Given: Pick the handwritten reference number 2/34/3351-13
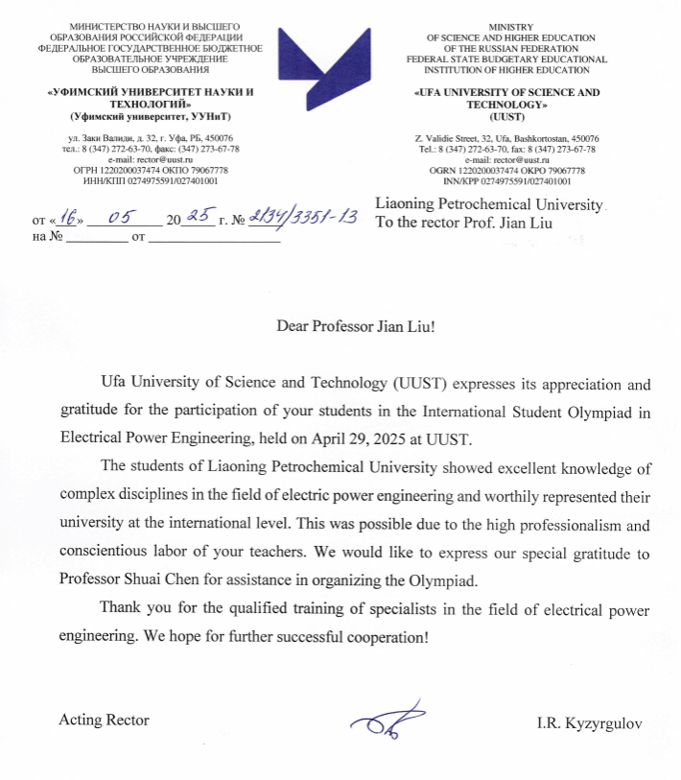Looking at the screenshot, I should coord(301,218).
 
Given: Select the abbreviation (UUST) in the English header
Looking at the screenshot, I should coord(505,115).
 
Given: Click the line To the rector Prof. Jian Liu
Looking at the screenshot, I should coord(464,224).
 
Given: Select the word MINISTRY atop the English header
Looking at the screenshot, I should coord(505,27).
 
